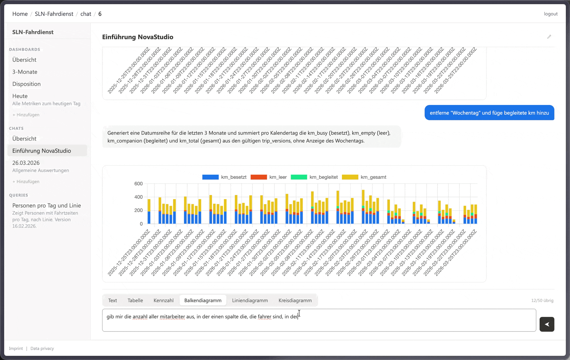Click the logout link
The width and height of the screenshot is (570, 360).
(551, 14)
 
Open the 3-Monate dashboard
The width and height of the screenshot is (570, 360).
(25, 72)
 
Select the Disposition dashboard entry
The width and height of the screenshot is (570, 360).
(27, 84)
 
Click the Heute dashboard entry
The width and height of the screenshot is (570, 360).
(20, 96)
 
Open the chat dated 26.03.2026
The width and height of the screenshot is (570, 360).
(26, 163)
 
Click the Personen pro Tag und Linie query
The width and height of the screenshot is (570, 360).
(46, 206)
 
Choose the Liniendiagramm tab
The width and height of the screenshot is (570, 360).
(250, 300)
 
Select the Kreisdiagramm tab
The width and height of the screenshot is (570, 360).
(295, 300)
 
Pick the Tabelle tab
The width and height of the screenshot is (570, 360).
(135, 300)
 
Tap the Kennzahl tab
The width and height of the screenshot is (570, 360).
(164, 300)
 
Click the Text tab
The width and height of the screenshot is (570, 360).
(113, 300)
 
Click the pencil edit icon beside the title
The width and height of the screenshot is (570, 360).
(549, 37)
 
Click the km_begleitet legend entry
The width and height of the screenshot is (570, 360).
(314, 177)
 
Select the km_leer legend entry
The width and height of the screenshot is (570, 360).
(268, 177)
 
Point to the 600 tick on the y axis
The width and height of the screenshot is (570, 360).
(139, 184)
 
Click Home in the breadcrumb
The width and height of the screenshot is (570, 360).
(20, 14)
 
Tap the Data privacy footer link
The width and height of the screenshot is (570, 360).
(42, 348)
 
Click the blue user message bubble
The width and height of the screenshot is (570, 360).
(489, 113)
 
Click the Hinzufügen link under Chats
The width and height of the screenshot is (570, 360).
(26, 182)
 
